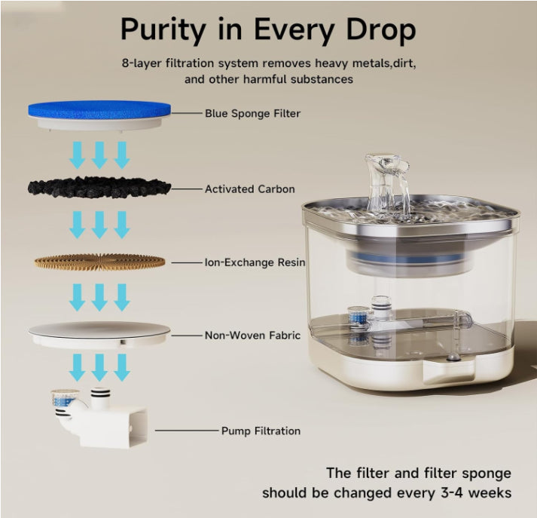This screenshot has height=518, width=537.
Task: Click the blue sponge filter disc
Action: [x=99, y=109]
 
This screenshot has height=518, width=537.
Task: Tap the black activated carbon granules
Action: [x=99, y=188]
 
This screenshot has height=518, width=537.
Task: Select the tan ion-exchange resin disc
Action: [x=99, y=262]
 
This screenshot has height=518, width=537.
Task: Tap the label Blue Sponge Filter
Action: [x=252, y=113]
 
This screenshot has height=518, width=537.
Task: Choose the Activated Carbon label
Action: [x=249, y=189]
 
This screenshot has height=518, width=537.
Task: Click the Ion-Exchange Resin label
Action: [x=255, y=262]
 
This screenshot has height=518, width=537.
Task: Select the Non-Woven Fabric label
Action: [x=252, y=336]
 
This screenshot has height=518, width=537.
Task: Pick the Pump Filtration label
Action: [x=261, y=431]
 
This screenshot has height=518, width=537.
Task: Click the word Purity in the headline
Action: [x=163, y=31]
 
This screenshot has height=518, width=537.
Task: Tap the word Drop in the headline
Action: [x=381, y=31]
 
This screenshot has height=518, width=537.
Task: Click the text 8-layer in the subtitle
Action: [x=142, y=64]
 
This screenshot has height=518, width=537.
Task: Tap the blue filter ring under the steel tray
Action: [x=404, y=259]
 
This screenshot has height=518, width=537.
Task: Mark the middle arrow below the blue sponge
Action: [x=99, y=155]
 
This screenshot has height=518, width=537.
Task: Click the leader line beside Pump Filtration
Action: [x=187, y=431]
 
